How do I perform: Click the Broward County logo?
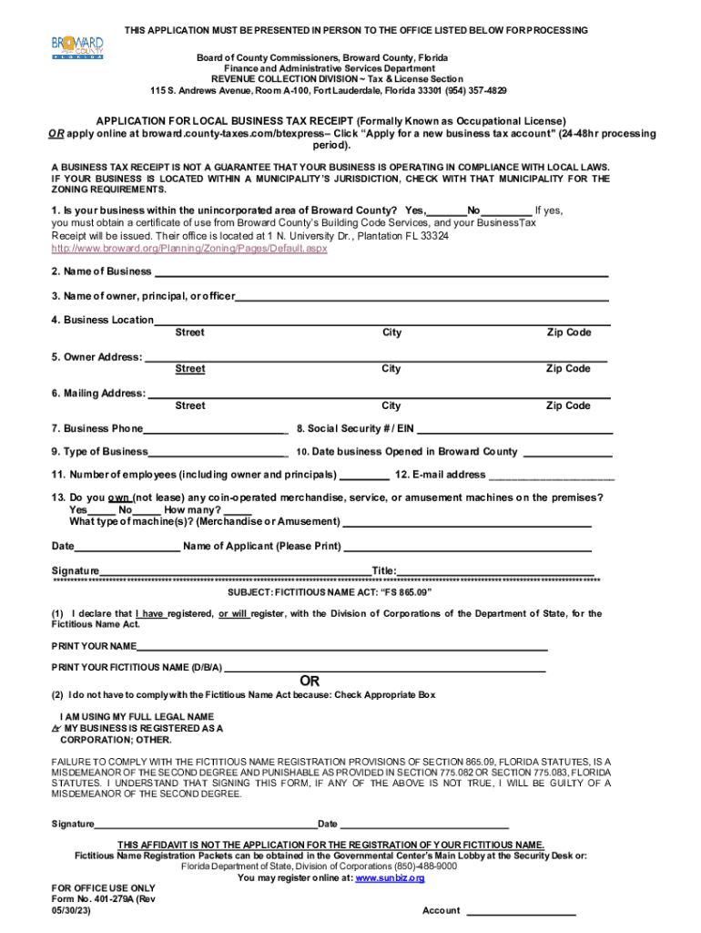77,46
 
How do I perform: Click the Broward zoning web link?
189,248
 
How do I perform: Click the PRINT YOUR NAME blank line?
342,649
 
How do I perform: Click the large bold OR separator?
310,681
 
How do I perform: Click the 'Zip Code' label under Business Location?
568,333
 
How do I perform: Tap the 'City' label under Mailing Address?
391,405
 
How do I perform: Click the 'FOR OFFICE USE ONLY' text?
104,887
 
